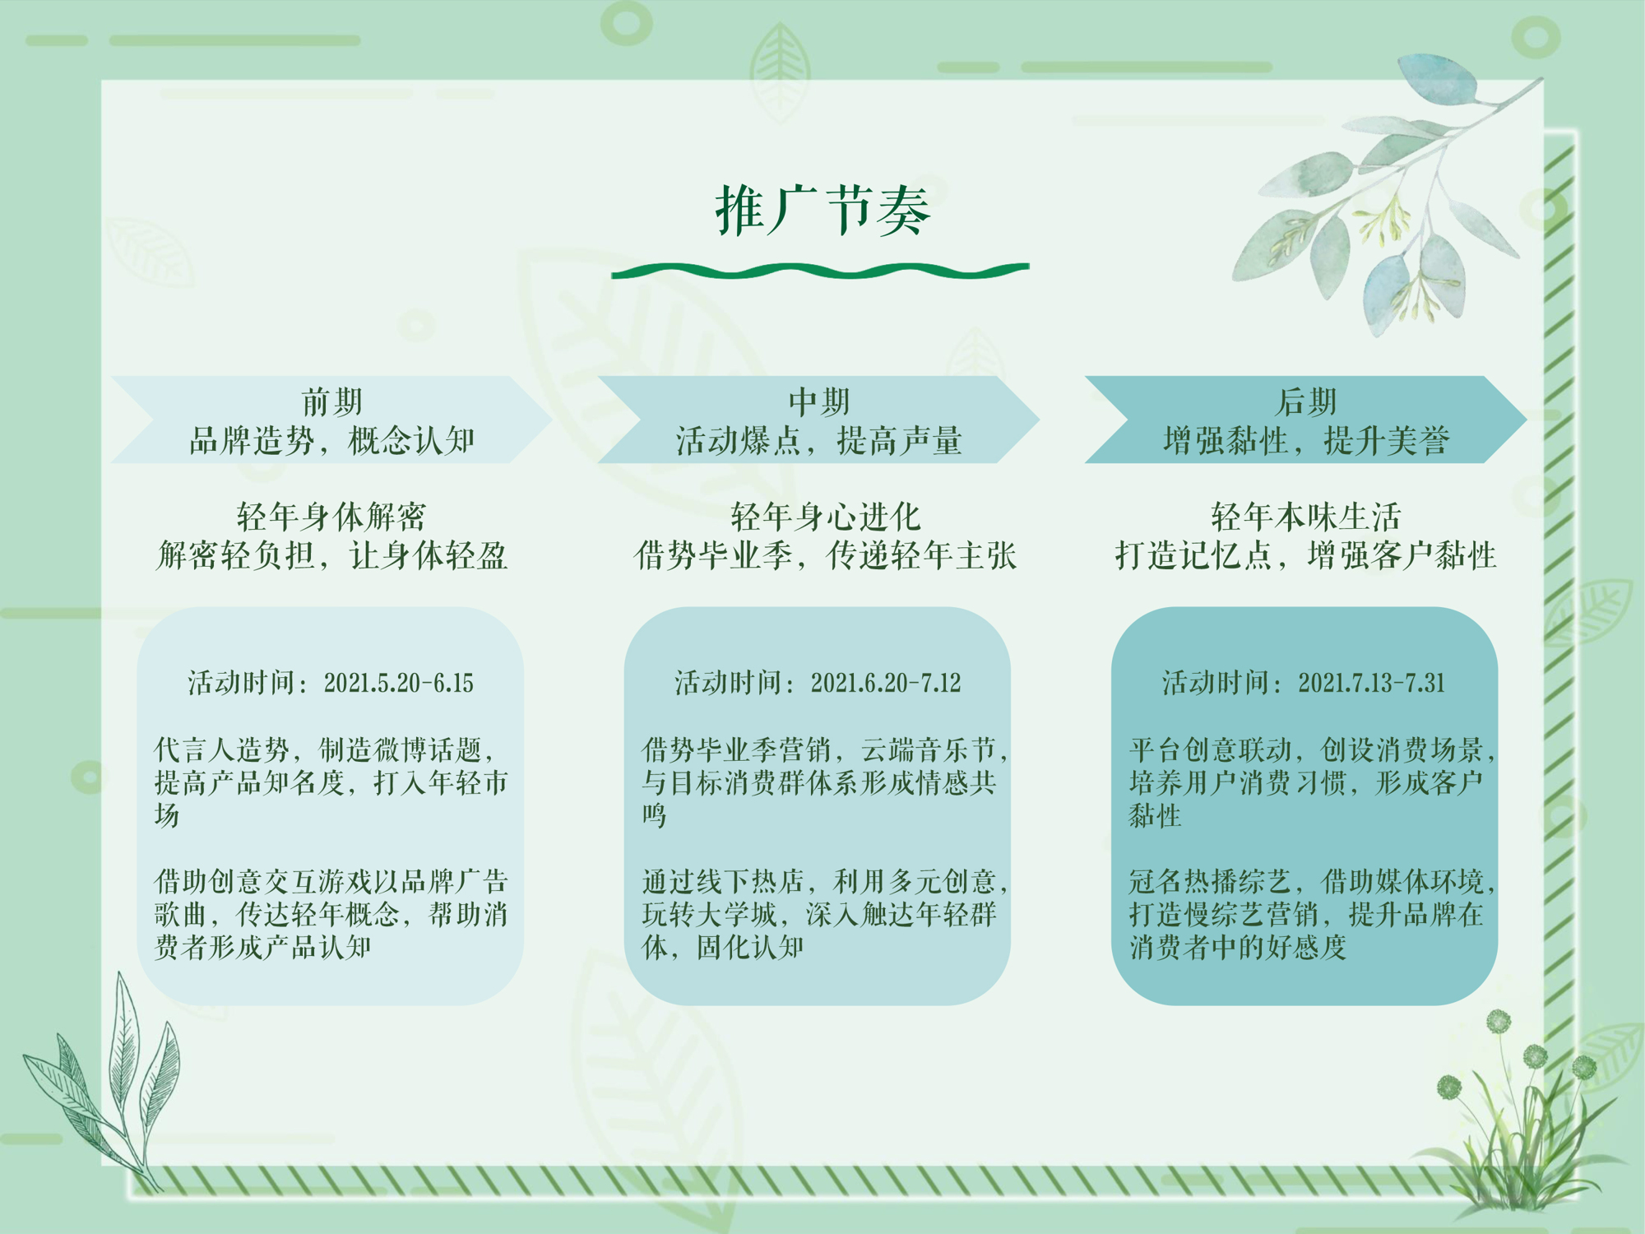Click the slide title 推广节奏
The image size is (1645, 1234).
(822, 210)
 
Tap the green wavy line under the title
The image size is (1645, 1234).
(820, 271)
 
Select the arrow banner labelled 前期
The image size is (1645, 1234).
(331, 420)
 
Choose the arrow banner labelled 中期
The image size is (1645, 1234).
(818, 420)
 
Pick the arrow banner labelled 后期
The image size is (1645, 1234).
(1305, 420)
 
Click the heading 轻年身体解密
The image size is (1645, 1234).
(331, 517)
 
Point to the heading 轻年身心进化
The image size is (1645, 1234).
(826, 517)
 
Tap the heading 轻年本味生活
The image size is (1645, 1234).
(1306, 517)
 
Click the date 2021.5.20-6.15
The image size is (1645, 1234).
(398, 683)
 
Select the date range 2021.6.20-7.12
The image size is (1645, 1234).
(886, 683)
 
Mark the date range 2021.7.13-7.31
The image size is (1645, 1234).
(1372, 683)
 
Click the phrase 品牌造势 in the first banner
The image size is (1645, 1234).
(252, 441)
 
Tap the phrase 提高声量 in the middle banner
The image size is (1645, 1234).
(899, 441)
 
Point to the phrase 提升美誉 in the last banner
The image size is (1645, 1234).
(1386, 441)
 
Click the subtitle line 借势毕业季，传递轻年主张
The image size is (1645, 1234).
(826, 555)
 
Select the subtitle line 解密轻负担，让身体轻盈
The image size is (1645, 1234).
(331, 555)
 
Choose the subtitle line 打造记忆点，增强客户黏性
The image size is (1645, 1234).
(1306, 555)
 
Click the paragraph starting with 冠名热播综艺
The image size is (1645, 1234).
(1312, 914)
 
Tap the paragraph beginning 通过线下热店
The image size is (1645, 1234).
(825, 914)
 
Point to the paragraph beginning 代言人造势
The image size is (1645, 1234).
(331, 782)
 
